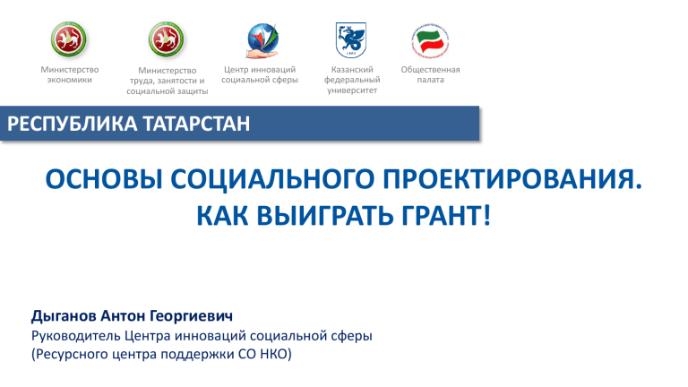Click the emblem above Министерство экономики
68,39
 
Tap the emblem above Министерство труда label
166,39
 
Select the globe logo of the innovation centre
262,41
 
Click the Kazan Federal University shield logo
351,40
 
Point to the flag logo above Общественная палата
430,41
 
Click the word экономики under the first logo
70,80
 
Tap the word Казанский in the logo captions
352,69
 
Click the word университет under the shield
352,90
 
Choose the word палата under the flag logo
430,80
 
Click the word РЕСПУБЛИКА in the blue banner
73,124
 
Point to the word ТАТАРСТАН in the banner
196,124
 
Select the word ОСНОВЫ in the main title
104,179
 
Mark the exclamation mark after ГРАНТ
486,216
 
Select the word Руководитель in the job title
76,336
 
